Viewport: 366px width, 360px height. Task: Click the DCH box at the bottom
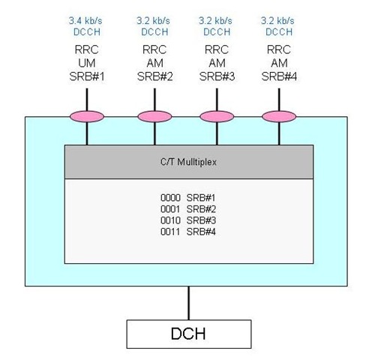(189, 334)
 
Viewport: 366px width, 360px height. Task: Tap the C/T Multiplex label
(188, 162)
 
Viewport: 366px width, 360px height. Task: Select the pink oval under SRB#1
(87, 117)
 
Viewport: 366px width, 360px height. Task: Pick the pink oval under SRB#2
(154, 117)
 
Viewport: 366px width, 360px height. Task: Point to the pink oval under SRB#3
(217, 117)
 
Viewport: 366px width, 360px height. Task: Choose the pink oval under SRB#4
(279, 117)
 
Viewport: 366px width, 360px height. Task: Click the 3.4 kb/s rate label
(85, 21)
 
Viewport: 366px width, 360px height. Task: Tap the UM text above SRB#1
(87, 63)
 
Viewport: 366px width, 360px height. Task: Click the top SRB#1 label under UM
(87, 76)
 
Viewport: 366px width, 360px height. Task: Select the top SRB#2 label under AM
(155, 76)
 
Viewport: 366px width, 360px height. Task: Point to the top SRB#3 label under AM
(217, 76)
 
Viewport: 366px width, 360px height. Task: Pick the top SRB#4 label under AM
(279, 76)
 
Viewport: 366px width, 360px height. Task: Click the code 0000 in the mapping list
(170, 198)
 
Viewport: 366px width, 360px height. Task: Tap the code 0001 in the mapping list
(170, 209)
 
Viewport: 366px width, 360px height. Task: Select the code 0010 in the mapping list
(170, 220)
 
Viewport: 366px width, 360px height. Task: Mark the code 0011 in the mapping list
(170, 232)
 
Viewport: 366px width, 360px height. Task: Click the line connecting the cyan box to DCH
(189, 303)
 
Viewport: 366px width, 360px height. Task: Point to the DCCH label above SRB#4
(279, 32)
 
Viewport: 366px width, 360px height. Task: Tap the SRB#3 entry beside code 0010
(201, 220)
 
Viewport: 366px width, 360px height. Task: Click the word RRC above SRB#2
(154, 49)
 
